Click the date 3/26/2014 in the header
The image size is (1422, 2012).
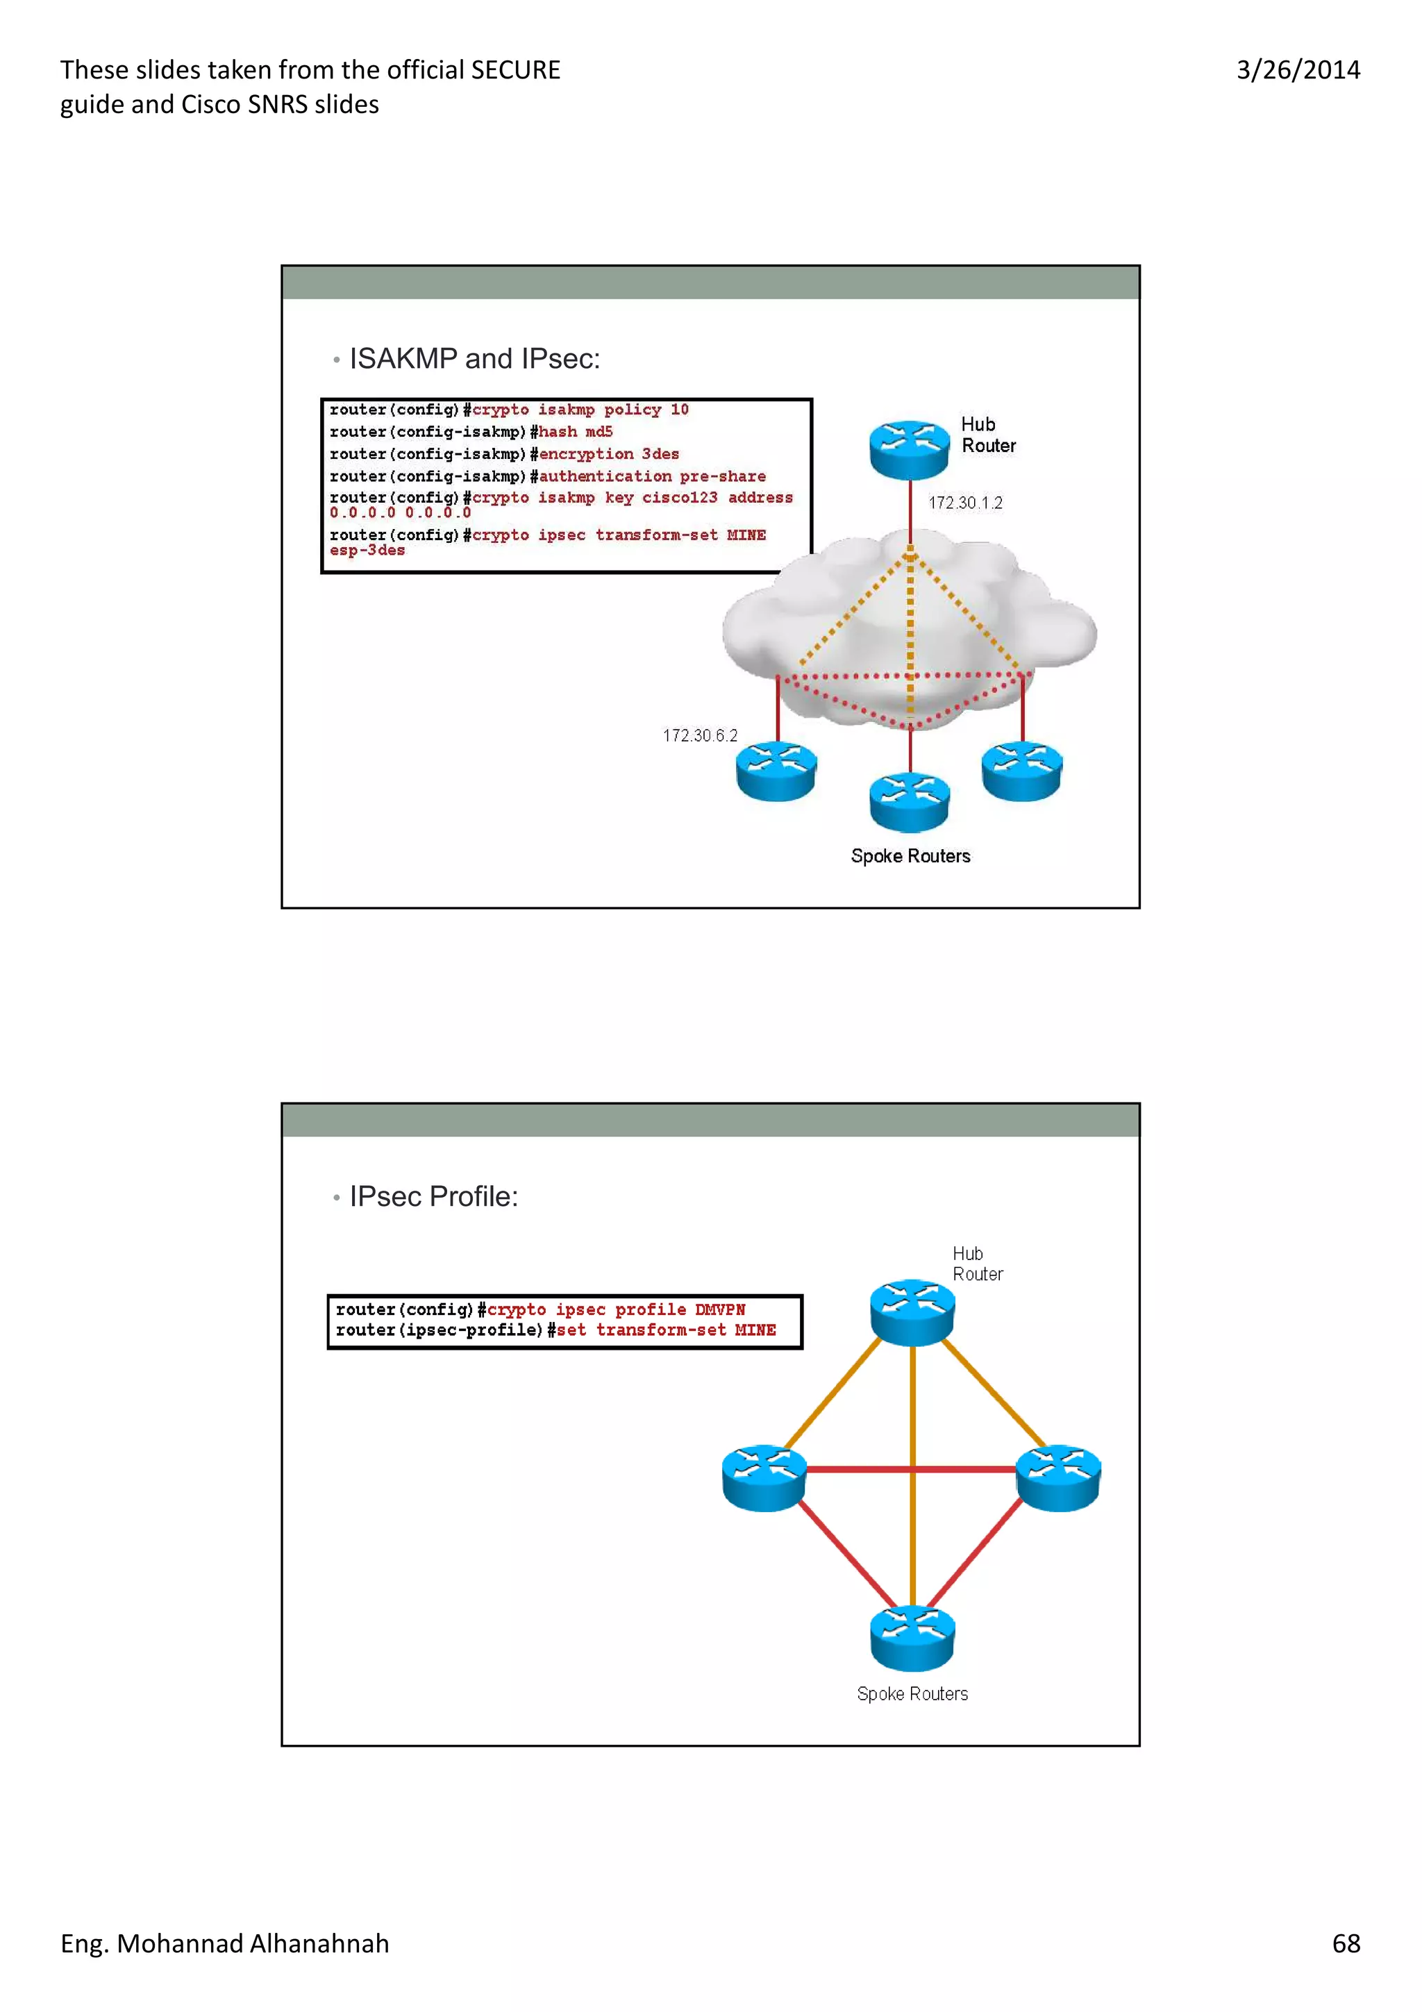click(x=1298, y=70)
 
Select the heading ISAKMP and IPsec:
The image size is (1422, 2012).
click(x=474, y=358)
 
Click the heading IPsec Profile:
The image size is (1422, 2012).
click(x=434, y=1196)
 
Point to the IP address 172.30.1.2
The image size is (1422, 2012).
click(x=964, y=503)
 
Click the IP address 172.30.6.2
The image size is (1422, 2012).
click(x=699, y=735)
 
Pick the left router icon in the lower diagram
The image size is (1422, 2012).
click(x=764, y=1477)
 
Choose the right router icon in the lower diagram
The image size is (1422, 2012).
click(x=1057, y=1477)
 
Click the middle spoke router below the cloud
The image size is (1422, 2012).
click(x=909, y=802)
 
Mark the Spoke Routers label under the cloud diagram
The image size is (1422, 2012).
click(x=910, y=856)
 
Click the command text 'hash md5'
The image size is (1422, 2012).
click(x=576, y=432)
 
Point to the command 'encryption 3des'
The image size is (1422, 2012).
click(x=609, y=454)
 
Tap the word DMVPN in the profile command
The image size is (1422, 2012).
click(x=719, y=1310)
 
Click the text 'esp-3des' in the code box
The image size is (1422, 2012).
click(x=367, y=551)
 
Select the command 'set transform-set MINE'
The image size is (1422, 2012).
click(x=666, y=1330)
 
